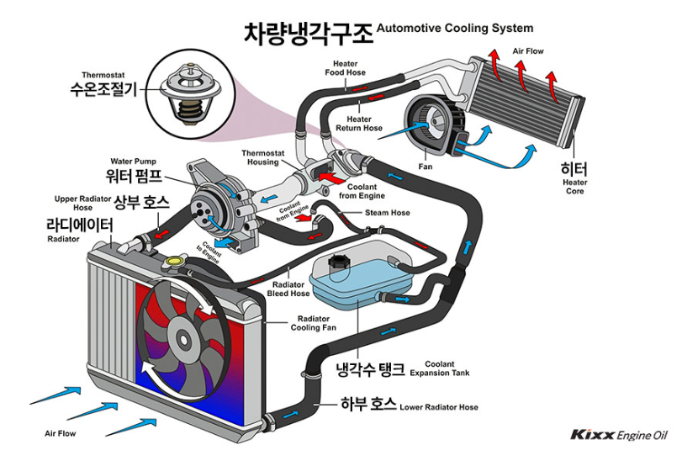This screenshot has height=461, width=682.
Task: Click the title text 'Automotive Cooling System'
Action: pyautogui.click(x=455, y=28)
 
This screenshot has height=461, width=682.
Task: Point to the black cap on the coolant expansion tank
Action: pyautogui.click(x=339, y=262)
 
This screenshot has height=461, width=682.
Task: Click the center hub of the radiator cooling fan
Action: pyautogui.click(x=182, y=339)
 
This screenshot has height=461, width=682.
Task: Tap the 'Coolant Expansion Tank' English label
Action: pyautogui.click(x=447, y=368)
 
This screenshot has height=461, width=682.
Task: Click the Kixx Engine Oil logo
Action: pyautogui.click(x=619, y=435)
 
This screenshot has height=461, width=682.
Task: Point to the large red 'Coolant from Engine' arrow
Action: pyautogui.click(x=331, y=178)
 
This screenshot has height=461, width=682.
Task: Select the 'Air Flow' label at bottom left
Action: pyautogui.click(x=61, y=434)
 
